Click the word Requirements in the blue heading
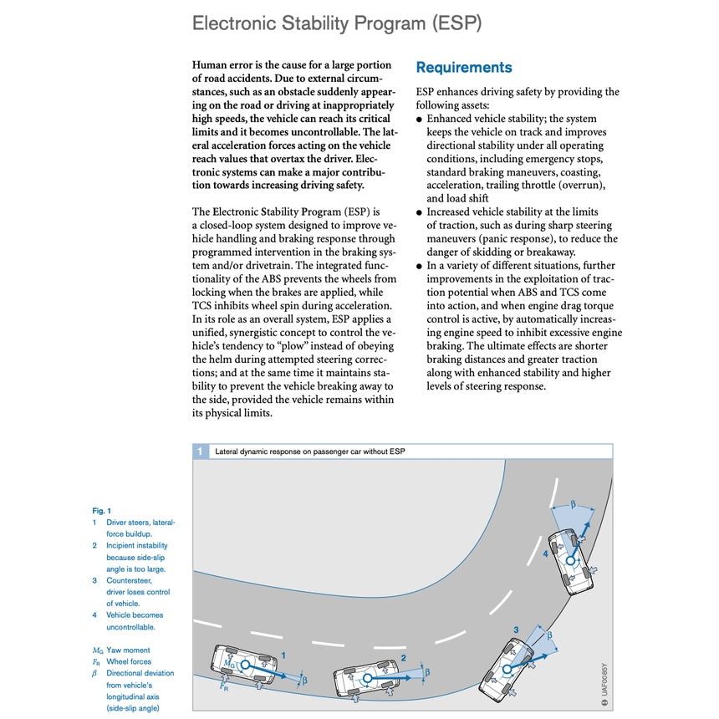pos(463,68)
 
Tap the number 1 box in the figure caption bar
pos(200,451)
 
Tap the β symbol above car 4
pos(574,504)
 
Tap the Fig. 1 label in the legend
pos(101,510)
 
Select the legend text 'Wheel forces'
pos(129,661)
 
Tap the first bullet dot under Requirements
pos(420,120)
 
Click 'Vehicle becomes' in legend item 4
pos(135,614)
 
